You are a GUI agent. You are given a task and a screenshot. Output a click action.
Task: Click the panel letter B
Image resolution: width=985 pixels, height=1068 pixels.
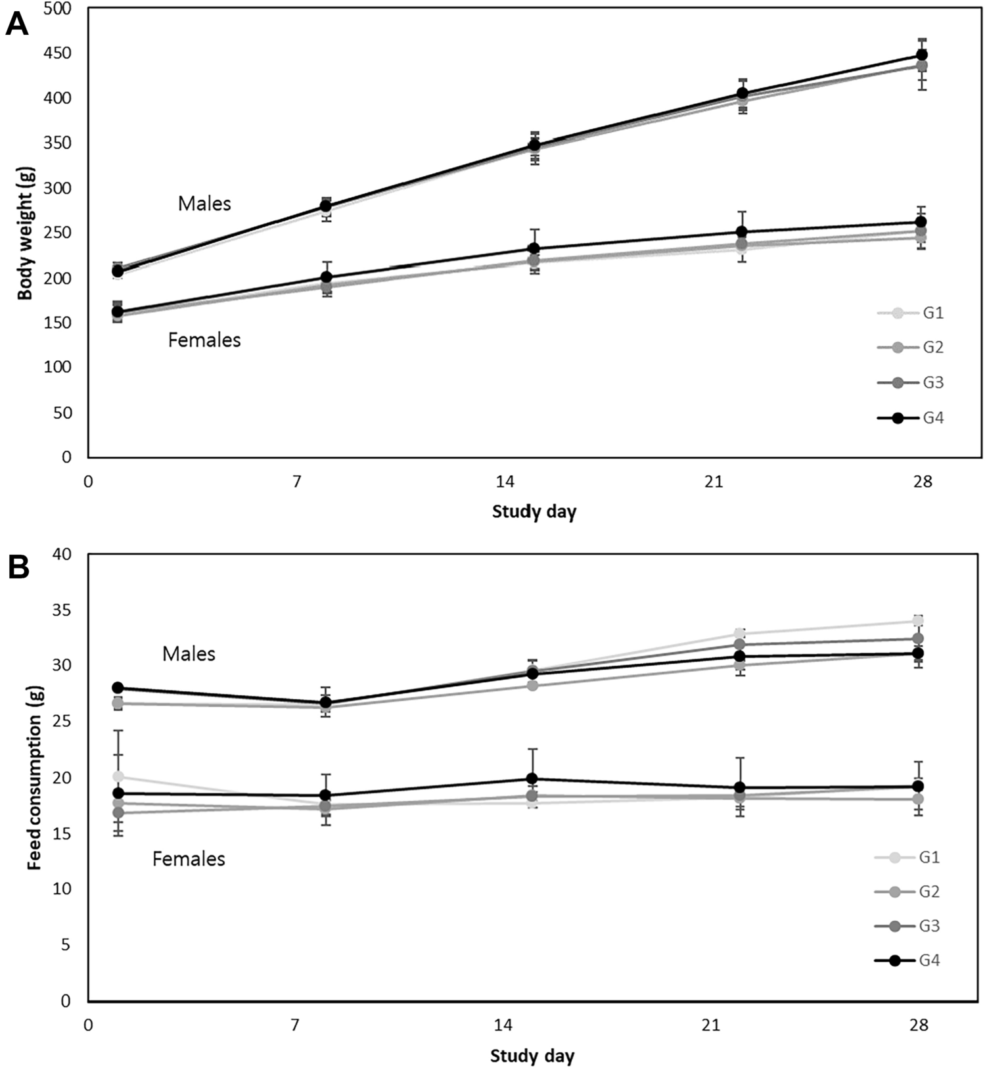pos(18,567)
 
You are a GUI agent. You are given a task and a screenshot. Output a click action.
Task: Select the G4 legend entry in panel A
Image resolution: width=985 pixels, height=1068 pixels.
pos(911,417)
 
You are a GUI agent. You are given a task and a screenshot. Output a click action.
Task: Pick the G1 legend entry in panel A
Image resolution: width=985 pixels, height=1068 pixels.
pos(911,313)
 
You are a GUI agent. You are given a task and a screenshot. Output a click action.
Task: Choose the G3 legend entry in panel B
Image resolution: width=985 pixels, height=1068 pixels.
pos(907,926)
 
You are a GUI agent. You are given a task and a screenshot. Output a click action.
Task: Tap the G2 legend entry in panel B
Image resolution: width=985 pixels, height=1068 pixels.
pos(907,892)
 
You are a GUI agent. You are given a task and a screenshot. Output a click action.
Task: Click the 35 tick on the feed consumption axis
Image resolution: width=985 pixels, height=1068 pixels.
pos(62,610)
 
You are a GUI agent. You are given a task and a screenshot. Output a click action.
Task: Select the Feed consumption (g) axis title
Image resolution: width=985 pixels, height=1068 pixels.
pos(34,778)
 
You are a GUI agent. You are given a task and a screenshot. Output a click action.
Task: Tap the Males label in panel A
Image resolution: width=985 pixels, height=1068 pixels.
pos(204,204)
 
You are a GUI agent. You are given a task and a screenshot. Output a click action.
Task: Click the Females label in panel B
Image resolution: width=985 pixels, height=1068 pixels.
pos(189,859)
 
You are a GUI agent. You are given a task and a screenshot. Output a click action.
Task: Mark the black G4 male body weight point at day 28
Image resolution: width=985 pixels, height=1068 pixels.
pos(922,55)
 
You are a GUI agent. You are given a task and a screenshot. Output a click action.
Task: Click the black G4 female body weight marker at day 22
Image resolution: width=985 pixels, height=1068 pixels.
pos(742,232)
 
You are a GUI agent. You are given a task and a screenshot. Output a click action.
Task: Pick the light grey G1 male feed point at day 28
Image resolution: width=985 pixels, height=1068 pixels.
pos(919,621)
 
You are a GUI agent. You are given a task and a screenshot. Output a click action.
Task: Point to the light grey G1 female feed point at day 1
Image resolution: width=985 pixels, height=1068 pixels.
pos(118,777)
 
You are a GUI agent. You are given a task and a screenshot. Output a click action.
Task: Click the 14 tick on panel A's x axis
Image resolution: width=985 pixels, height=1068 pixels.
pos(505,482)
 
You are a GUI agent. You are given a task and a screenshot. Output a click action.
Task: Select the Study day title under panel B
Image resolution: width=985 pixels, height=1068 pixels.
pos(532,1056)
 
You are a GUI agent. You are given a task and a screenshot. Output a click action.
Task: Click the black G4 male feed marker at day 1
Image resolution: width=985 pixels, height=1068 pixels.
pos(118,687)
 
